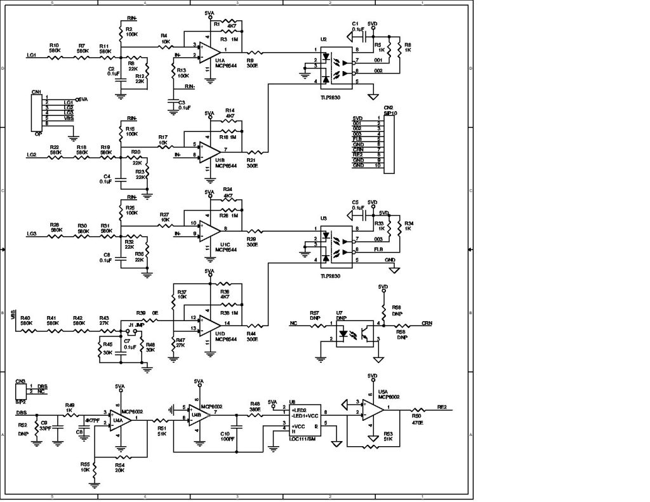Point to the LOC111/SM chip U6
[x=305, y=420]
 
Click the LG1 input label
[x=32, y=56]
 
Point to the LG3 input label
[x=32, y=234]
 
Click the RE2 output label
[x=442, y=407]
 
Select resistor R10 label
[x=54, y=46]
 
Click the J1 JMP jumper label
[x=136, y=325]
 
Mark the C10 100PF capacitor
[x=237, y=424]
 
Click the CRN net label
[x=427, y=324]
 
